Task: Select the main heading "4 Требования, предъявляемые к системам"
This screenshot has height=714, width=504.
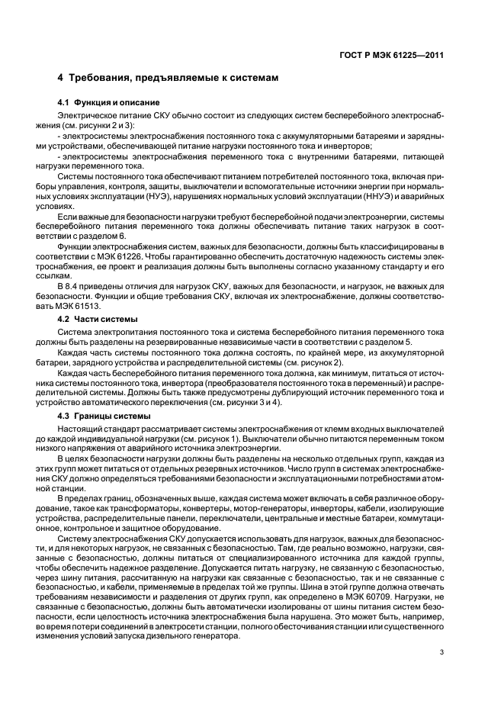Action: coord(169,78)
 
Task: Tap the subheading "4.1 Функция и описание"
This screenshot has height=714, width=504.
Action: coord(109,102)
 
